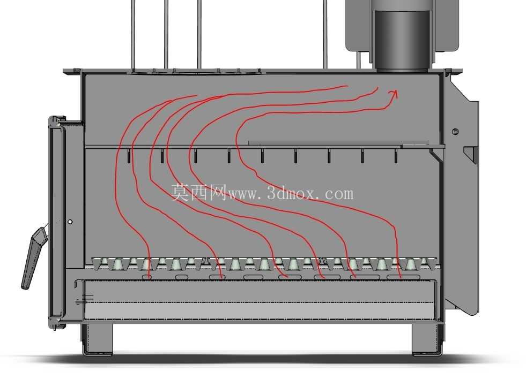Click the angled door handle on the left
(x=33, y=258)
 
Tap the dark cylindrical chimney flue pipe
(x=402, y=40)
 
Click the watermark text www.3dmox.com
(x=291, y=194)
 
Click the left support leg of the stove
(x=98, y=338)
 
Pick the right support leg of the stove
(x=427, y=338)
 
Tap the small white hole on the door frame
(x=70, y=222)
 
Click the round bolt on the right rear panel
(x=455, y=131)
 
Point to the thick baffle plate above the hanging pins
(x=338, y=142)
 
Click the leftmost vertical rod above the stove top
(x=133, y=35)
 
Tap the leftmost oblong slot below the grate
(x=149, y=277)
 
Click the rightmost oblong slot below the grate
(x=403, y=277)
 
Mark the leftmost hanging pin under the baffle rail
(x=129, y=156)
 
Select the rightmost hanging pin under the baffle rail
(x=396, y=156)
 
